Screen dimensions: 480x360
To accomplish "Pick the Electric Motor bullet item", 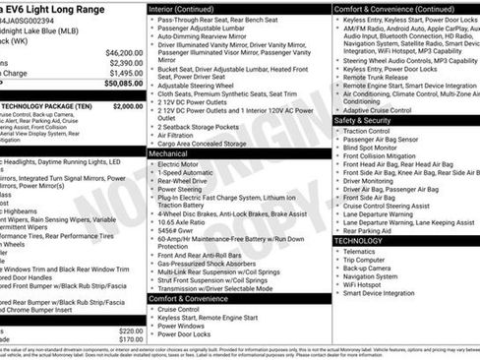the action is click(183, 165).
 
